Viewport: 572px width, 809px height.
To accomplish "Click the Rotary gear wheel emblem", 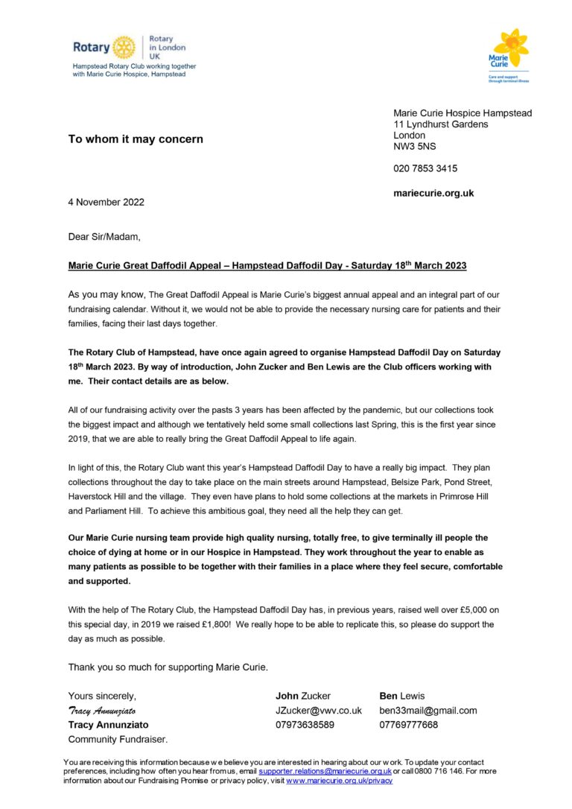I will point(124,47).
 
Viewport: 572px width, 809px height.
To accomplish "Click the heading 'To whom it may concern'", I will point(136,139).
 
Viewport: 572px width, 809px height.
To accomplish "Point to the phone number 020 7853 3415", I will point(425,168).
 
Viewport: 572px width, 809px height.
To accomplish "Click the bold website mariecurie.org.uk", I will point(433,193).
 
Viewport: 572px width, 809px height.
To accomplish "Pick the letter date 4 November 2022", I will point(106,202).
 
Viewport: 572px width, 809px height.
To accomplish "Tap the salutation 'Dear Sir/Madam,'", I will point(104,238).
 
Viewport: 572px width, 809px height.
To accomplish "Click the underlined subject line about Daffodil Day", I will point(267,266).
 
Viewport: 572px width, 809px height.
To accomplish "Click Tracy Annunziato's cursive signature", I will point(101,711).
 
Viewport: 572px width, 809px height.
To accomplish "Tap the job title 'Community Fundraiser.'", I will point(118,739).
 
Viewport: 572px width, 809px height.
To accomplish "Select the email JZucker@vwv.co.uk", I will point(318,711).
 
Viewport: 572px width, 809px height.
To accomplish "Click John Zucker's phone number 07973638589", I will point(305,725).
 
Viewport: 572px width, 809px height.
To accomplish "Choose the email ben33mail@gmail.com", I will point(428,711).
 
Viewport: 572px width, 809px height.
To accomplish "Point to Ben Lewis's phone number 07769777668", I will point(409,725).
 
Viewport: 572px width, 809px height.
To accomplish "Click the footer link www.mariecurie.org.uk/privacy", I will point(339,781).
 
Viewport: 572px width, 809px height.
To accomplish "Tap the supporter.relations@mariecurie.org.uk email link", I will point(325,772).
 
